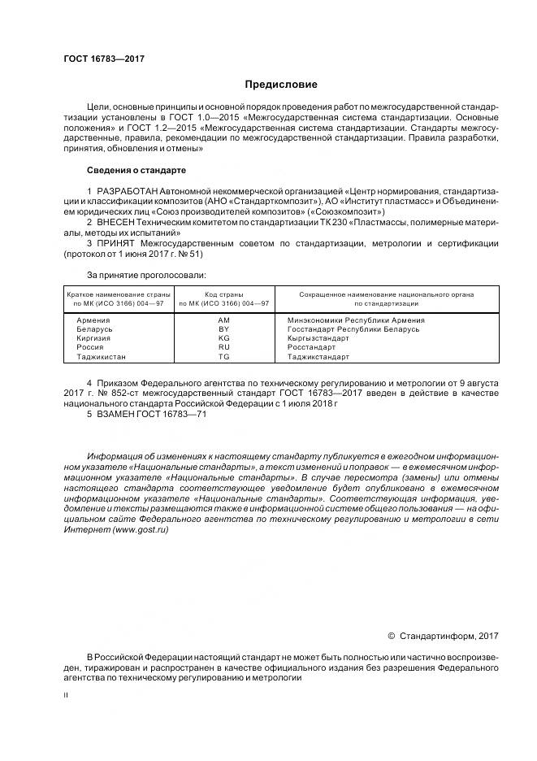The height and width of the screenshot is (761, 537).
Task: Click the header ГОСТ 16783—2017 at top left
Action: click(x=98, y=60)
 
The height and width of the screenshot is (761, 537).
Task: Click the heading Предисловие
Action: click(x=282, y=85)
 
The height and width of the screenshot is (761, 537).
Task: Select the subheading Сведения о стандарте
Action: click(x=136, y=171)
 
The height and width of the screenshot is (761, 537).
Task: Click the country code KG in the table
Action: click(x=224, y=338)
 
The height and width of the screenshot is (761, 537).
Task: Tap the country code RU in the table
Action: click(x=224, y=347)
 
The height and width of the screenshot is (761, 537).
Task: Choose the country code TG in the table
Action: click(x=224, y=356)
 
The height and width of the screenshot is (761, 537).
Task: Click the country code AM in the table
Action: click(x=224, y=320)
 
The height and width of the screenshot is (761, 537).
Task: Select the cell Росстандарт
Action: click(x=311, y=347)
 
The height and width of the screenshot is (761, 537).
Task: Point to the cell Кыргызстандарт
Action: click(x=318, y=338)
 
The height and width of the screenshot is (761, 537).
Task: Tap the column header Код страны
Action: click(x=224, y=294)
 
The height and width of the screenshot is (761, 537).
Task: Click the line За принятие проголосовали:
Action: click(x=146, y=276)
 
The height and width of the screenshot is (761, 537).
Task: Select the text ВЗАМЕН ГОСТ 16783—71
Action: click(x=146, y=414)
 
